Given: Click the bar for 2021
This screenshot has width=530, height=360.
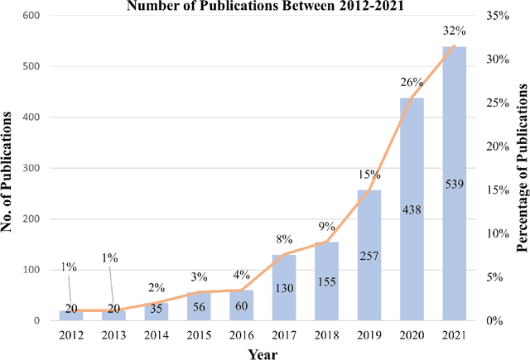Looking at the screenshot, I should [455, 248].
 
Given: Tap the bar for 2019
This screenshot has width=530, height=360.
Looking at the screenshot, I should [370, 273].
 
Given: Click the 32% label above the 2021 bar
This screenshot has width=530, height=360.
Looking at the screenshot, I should [455, 31].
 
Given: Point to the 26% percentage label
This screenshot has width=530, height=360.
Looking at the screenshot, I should [412, 83].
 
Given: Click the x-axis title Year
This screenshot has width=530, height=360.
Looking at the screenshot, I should [264, 353].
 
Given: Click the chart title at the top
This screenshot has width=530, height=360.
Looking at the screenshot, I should [264, 7].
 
